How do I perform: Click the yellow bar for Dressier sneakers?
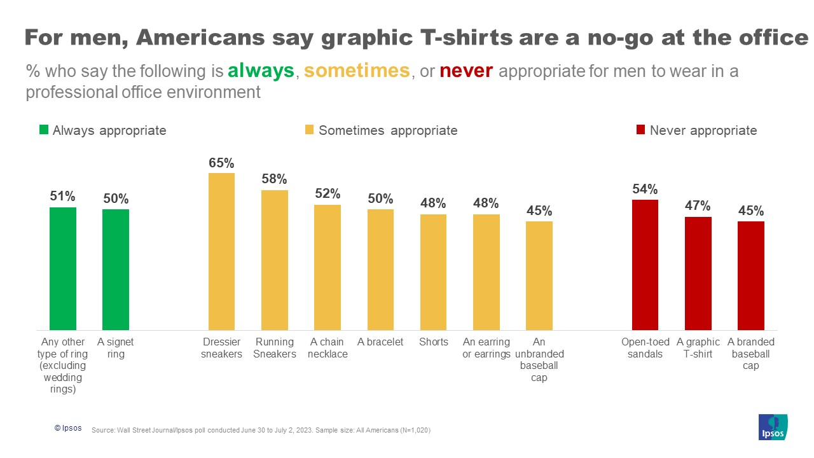point(221,251)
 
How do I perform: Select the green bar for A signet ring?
point(116,269)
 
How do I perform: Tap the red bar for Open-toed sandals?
point(645,265)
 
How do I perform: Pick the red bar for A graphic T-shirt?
point(698,274)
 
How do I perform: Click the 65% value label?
point(221,163)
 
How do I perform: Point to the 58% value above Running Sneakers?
point(274,179)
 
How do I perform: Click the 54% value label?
point(645,189)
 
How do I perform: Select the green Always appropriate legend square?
point(44,130)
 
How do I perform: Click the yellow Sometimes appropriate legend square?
point(309,130)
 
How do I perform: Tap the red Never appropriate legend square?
point(640,130)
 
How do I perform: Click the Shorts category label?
point(434,342)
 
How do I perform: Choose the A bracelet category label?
point(380,342)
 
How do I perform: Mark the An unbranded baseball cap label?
point(539,360)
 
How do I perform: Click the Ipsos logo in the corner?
point(773,427)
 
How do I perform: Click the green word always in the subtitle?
point(261,71)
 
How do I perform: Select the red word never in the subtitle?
point(466,71)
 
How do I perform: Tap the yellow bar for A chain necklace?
point(328,267)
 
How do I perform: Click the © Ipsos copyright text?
point(68,429)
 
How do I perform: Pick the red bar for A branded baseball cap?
point(751,275)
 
